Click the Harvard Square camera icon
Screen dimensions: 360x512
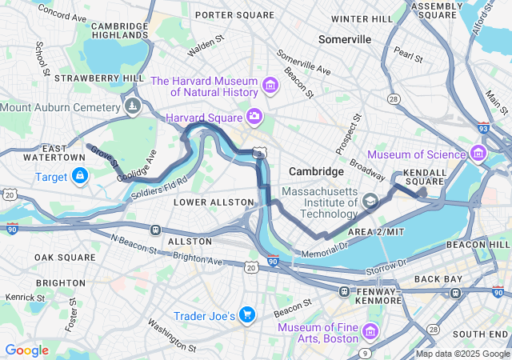(255, 117)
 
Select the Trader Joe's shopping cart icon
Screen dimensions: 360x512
(246, 315)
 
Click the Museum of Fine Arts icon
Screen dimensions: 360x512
(370, 330)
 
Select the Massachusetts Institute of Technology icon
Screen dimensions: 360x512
(370, 202)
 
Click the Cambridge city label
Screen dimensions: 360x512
(315, 172)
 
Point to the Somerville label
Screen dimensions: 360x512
(345, 38)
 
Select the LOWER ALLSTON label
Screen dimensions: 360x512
(202, 202)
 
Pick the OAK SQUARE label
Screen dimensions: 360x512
(59, 258)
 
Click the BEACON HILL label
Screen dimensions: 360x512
(478, 244)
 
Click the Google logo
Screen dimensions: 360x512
(26, 350)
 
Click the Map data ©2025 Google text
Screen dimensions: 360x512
(462, 354)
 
